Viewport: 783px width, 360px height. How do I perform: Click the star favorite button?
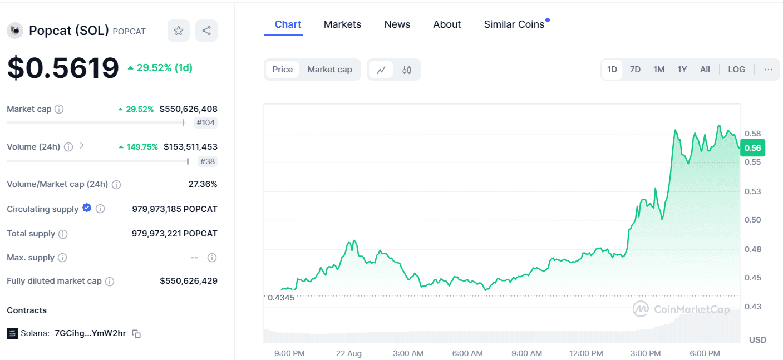[178, 31]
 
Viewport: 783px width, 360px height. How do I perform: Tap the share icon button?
[206, 31]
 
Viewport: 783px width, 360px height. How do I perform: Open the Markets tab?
[342, 24]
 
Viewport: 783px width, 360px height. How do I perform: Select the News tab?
[397, 24]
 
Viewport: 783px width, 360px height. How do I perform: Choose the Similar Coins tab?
[514, 24]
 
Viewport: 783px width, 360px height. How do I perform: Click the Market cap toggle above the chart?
[329, 70]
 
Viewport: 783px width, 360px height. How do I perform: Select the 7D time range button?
[635, 70]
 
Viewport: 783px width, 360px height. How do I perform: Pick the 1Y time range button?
[682, 70]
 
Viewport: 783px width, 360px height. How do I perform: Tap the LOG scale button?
[736, 70]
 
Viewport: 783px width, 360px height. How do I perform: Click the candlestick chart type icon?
[407, 70]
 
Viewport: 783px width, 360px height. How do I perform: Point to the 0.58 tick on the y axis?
[753, 134]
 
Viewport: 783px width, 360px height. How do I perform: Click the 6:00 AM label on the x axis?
[467, 353]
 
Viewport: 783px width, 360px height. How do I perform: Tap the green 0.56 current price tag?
[753, 148]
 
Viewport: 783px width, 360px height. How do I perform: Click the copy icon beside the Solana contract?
[136, 334]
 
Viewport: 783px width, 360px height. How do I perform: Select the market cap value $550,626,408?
[188, 109]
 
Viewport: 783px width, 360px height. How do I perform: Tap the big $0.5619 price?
[63, 68]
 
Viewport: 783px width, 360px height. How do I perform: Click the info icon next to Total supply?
[63, 234]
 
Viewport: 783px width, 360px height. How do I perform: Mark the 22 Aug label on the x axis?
[348, 353]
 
